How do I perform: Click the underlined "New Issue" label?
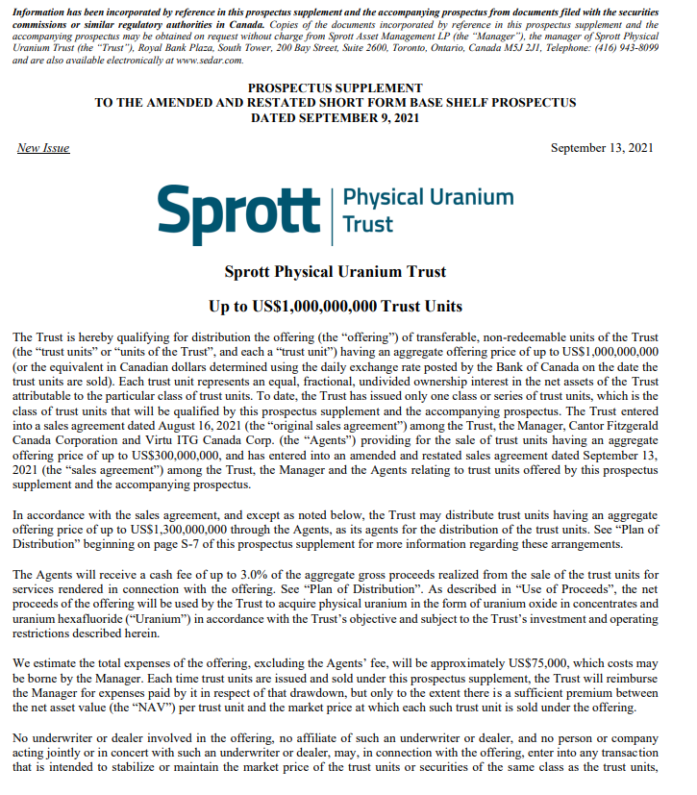[43, 148]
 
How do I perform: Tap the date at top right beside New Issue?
[602, 148]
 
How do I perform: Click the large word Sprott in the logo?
[237, 209]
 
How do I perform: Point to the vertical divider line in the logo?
[332, 210]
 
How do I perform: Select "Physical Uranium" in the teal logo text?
[428, 197]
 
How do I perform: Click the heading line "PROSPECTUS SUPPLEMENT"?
[335, 88]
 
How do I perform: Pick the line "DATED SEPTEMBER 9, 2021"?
[335, 117]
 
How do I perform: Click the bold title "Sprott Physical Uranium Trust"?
[335, 272]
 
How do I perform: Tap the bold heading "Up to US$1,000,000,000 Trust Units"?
[335, 307]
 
